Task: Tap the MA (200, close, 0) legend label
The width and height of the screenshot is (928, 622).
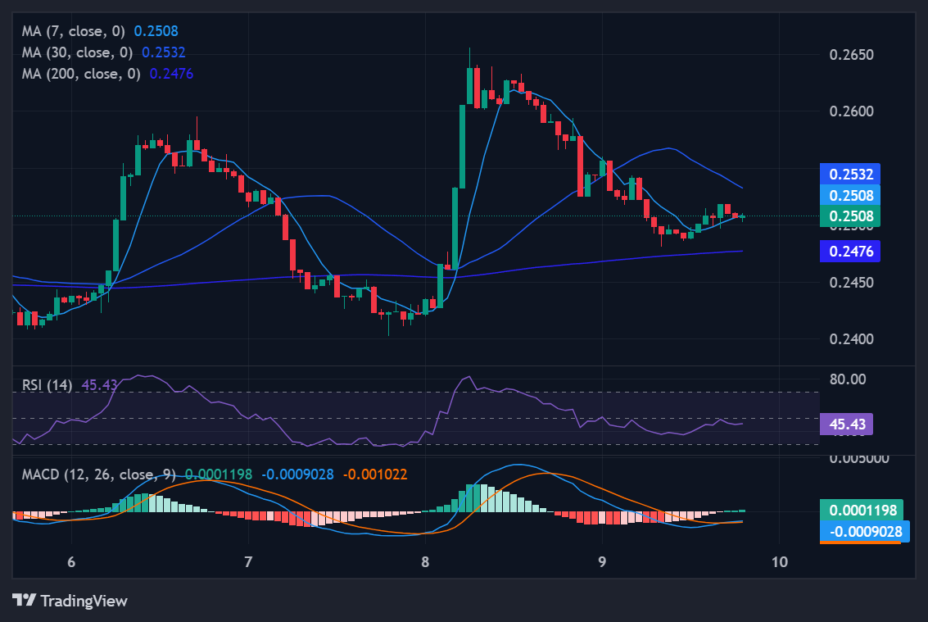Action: tap(83, 73)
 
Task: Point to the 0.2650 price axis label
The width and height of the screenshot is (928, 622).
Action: tap(852, 55)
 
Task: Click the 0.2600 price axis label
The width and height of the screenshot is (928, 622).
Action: tap(852, 111)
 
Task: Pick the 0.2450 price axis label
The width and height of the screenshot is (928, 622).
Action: tap(852, 283)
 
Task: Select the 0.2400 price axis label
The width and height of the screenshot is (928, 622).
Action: tap(852, 339)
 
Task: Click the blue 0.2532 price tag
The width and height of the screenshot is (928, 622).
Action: tap(850, 174)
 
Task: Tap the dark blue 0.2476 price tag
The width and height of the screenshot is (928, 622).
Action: tap(850, 252)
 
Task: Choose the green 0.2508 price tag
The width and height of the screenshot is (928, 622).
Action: tap(850, 216)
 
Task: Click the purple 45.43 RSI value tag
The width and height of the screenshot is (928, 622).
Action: tap(846, 424)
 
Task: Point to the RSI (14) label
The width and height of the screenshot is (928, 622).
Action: tap(48, 384)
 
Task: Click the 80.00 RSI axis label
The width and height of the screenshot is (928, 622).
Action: tap(848, 379)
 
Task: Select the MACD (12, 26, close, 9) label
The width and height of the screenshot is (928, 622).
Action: tap(98, 474)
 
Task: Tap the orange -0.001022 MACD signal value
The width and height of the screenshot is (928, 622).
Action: tap(374, 474)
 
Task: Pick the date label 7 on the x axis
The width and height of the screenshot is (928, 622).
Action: tap(247, 562)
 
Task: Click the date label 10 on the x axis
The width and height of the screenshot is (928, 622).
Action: tap(780, 562)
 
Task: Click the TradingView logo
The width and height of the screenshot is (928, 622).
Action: tap(70, 601)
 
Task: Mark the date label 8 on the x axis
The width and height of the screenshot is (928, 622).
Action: tap(425, 562)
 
